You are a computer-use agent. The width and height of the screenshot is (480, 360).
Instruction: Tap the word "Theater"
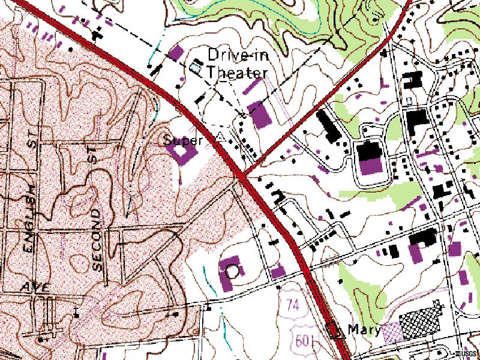tap(237, 73)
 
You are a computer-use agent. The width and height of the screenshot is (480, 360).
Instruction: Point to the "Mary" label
tap(365, 329)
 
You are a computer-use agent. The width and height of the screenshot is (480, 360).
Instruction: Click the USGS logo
tap(466, 353)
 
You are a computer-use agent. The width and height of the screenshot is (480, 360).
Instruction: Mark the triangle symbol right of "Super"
tap(221, 137)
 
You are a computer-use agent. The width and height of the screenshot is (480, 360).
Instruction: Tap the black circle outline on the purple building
tap(232, 271)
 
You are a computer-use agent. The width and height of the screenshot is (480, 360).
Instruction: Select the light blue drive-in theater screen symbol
tap(196, 66)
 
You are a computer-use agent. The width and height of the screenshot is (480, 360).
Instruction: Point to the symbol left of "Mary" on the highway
tap(333, 329)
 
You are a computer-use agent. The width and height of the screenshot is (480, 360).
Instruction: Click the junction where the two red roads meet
tap(241, 175)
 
